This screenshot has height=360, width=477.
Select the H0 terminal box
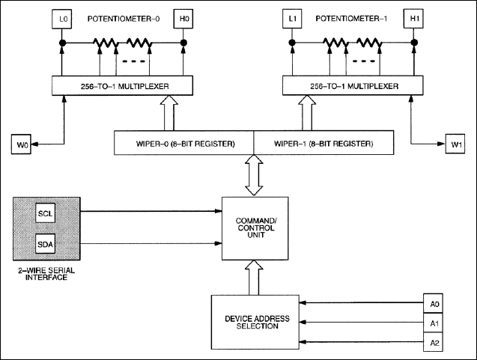point(183,17)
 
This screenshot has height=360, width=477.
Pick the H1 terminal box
point(412,17)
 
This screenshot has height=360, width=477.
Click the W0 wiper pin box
point(22,141)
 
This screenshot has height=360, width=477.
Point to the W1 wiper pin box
point(456,141)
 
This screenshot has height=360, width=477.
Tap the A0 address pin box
point(435,305)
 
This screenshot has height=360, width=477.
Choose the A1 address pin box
point(435,323)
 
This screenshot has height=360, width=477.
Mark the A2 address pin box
point(435,342)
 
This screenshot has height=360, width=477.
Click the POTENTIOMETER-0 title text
point(123,17)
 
